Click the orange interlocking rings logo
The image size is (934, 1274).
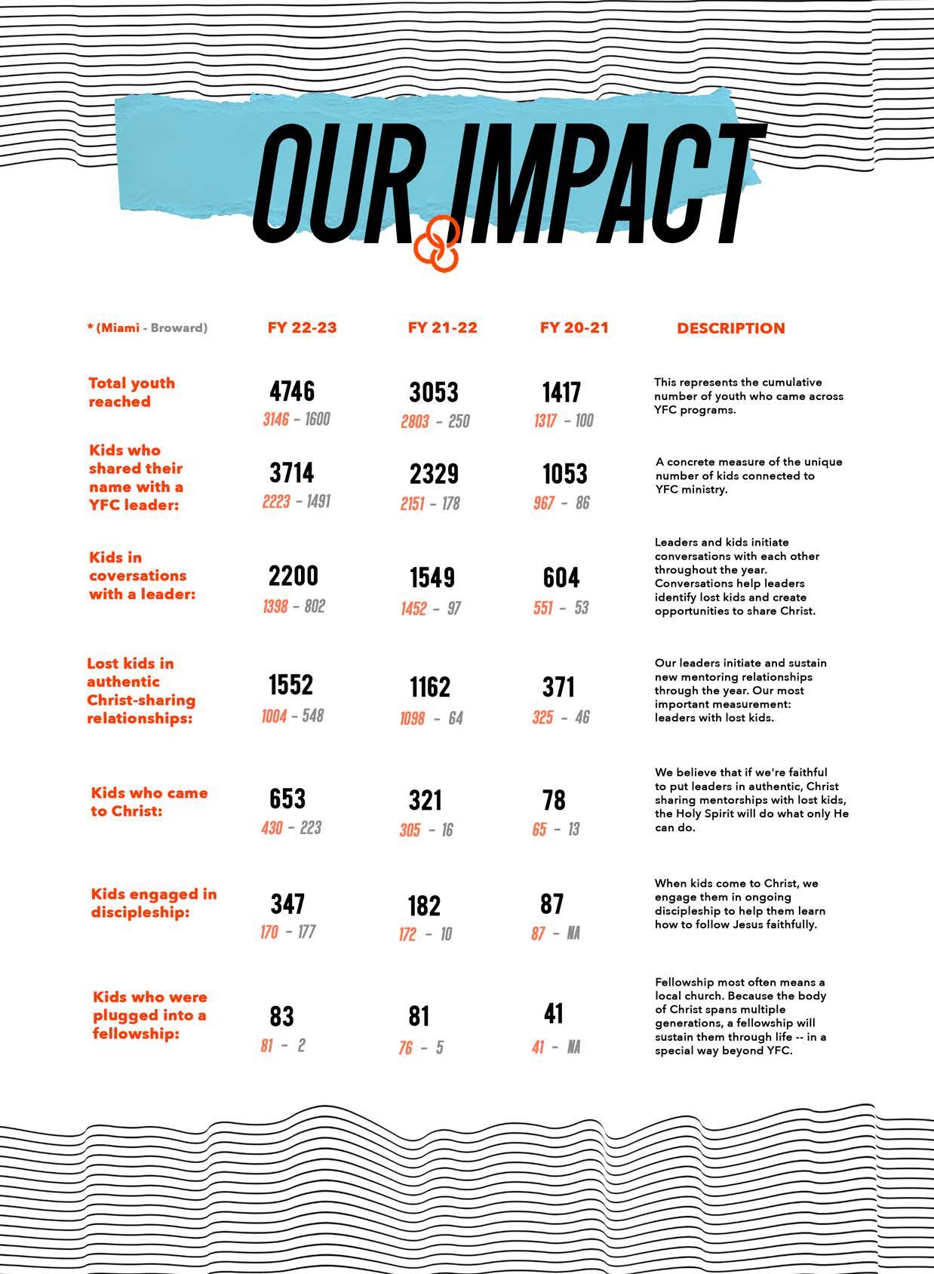[x=437, y=242]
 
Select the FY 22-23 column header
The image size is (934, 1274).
[x=302, y=328]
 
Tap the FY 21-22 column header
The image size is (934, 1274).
[x=442, y=328]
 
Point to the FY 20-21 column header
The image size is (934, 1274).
[x=574, y=328]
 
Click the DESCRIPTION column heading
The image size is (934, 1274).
[x=730, y=328]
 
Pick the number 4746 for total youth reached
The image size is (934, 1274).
[x=292, y=391]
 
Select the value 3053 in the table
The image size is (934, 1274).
[x=434, y=392]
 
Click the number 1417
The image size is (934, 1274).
[x=561, y=392]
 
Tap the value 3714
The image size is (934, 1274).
[x=291, y=473]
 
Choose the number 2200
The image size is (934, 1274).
[x=293, y=576]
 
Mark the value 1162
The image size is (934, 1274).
[x=430, y=687]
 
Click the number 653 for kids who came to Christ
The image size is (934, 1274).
[x=287, y=799]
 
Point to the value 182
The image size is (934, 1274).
[x=424, y=906]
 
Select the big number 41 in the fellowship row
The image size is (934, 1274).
[x=554, y=1014]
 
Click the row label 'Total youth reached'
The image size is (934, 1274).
[x=132, y=392]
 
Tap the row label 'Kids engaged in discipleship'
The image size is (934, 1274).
[x=154, y=903]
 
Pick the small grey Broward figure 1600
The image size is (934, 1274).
[x=318, y=419]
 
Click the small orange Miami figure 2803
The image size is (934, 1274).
[x=415, y=421]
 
